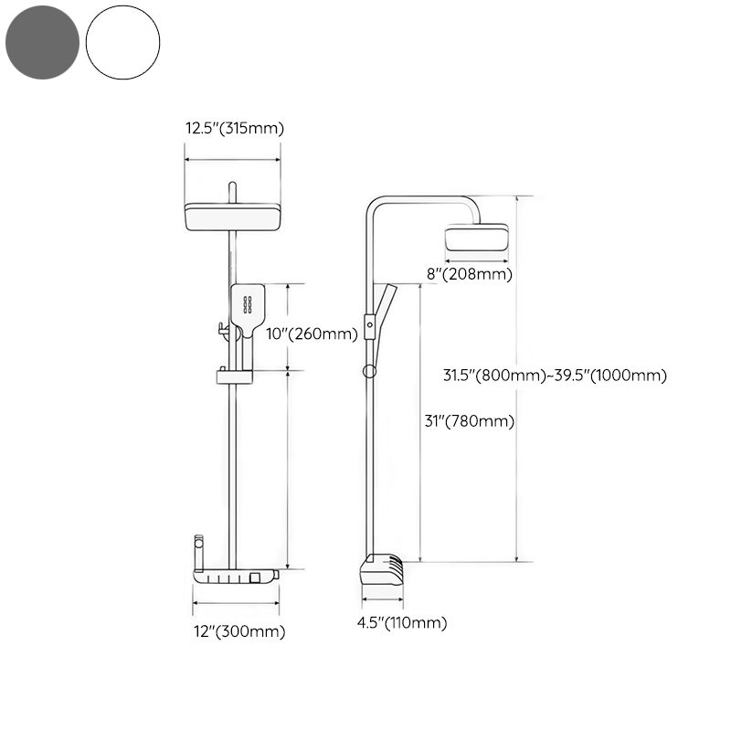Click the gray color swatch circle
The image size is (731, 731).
pos(41,41)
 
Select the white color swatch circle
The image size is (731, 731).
pos(122,41)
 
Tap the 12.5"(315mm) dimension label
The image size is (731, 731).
pos(235,129)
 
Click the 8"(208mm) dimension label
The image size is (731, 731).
pos(470,273)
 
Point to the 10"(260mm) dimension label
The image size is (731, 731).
pos(311,334)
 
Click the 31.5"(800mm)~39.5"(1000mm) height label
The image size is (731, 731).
pos(555,376)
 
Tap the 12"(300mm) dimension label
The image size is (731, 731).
pos(238,631)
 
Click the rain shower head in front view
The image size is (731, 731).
pos(233,217)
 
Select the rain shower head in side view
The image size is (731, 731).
pos(475,238)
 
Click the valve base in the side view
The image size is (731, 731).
pos(381,570)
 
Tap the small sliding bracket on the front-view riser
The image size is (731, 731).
pos(233,376)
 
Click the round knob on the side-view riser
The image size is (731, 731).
pos(368,370)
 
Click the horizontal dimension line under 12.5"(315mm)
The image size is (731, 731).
pos(233,159)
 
